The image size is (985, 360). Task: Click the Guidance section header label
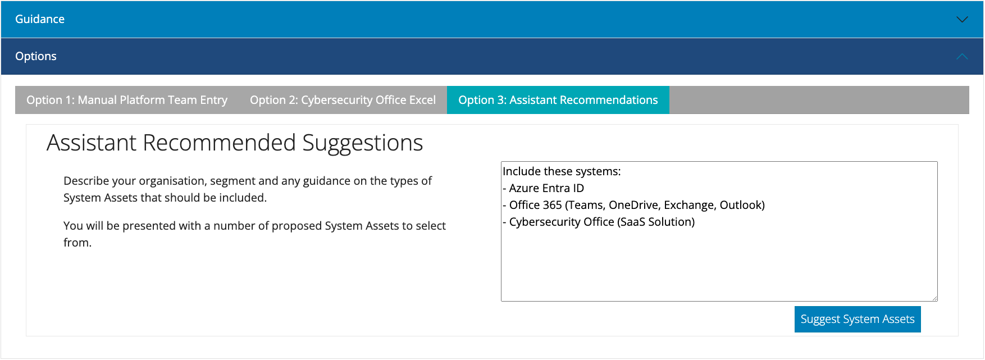tap(40, 19)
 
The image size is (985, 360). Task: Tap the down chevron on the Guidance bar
tap(962, 19)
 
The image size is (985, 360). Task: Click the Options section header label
tap(36, 56)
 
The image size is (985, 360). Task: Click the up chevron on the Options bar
tap(962, 56)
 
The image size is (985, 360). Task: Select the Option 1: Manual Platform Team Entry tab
tap(127, 100)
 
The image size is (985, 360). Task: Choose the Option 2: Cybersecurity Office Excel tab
tap(343, 100)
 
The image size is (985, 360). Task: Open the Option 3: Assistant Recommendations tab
tap(558, 100)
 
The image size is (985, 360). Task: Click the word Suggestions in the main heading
tap(363, 143)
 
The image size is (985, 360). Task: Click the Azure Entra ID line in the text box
tap(544, 188)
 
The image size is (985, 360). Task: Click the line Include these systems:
tap(562, 171)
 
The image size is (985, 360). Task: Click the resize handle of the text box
tap(934, 298)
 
